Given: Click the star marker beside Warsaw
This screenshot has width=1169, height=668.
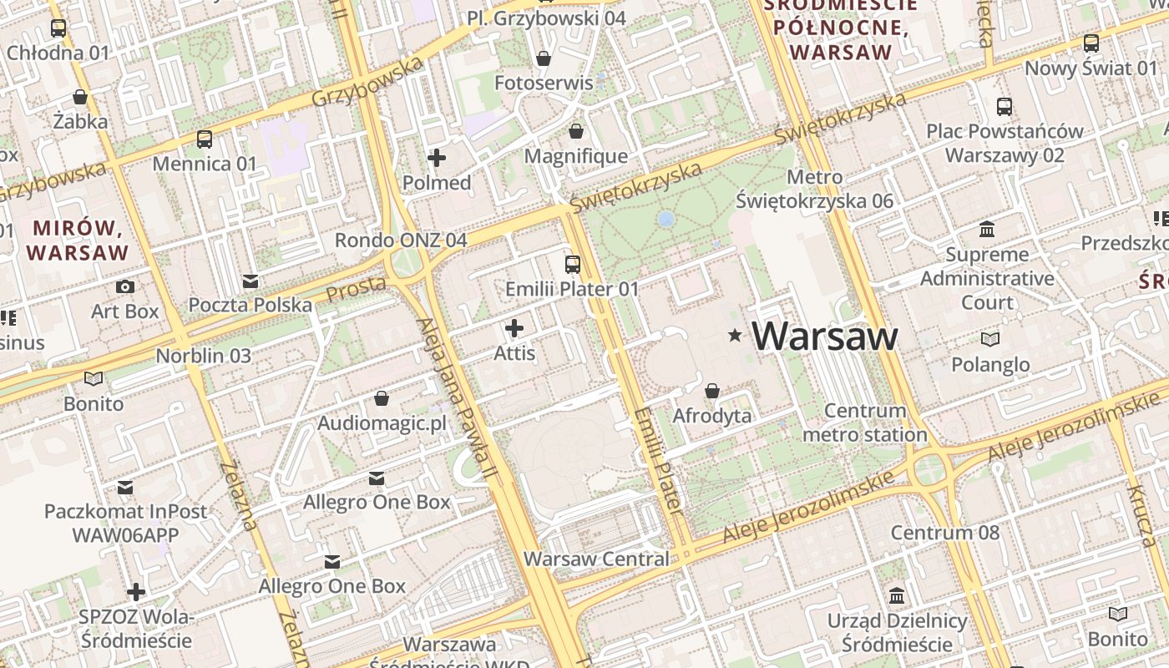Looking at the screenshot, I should tap(735, 336).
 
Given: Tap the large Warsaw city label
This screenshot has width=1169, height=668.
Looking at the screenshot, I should tap(825, 337).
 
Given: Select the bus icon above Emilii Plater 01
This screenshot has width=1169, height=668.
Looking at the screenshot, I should tap(573, 265).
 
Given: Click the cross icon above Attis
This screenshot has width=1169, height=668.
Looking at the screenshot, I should tap(514, 328).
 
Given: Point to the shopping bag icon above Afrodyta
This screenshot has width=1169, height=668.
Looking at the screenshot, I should tap(712, 390).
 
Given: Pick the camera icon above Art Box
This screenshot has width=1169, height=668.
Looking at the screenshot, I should tap(125, 286).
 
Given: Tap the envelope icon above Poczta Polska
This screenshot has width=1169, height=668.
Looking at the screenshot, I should tap(250, 281).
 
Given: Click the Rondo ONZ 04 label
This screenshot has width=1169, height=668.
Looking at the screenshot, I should tap(401, 240).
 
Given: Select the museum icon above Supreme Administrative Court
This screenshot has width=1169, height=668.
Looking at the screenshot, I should tap(987, 229).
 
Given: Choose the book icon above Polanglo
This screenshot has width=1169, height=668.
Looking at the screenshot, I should tap(989, 339).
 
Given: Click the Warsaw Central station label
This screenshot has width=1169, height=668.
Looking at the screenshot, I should tap(596, 559).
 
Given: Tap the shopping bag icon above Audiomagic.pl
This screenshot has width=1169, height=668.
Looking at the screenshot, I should tap(382, 398).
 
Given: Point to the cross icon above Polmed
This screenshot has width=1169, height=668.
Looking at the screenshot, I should tap(437, 157).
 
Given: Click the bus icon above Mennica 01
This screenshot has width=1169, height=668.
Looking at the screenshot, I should tap(205, 139).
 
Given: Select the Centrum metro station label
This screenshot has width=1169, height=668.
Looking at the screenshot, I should tap(864, 423).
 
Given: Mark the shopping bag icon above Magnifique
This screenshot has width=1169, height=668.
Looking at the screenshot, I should tap(576, 131).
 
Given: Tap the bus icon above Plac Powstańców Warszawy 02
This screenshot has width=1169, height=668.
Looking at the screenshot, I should tap(1005, 106).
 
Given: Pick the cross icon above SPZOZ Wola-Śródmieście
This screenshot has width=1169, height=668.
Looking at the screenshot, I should tap(136, 592).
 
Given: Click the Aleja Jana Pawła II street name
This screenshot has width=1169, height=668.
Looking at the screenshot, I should tap(458, 397).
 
